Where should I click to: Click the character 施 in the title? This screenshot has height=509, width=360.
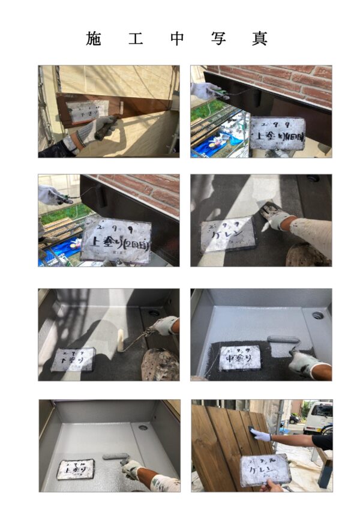coord(94,38)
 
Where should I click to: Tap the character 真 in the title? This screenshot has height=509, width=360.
coord(260,38)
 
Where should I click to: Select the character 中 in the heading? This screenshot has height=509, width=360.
coord(177,38)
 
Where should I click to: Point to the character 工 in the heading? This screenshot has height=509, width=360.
coord(136,38)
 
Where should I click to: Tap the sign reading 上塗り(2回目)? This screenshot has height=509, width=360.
coord(116,239)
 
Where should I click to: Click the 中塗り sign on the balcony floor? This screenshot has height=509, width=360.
coord(240,358)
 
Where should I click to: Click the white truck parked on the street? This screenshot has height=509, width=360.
coord(318,418)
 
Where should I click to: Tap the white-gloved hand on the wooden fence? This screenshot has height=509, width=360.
coord(260,435)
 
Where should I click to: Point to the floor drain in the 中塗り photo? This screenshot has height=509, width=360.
coord(317,315)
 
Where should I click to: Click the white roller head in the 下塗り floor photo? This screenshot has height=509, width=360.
coord(121,340)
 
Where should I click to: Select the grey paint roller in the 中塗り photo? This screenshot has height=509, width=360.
coord(282,340)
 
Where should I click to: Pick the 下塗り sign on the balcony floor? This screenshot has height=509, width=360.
coord(73,358)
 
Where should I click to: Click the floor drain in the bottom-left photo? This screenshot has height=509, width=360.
coord(143,428)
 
